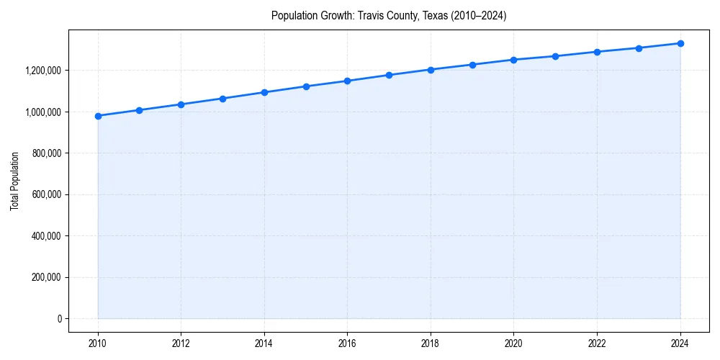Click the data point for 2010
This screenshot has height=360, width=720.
click(x=98, y=116)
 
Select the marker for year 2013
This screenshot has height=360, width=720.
click(x=222, y=99)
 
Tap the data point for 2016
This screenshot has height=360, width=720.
click(x=347, y=81)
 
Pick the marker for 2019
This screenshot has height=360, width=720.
click(x=472, y=65)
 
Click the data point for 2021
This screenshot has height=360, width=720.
click(x=555, y=56)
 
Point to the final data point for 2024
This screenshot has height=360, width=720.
click(x=680, y=43)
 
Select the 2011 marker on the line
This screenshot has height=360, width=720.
click(x=139, y=110)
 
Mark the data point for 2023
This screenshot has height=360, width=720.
click(x=639, y=48)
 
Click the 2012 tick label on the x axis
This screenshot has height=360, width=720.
click(x=181, y=343)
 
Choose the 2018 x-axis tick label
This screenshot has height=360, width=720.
click(x=431, y=343)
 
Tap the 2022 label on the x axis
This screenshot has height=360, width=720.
click(x=597, y=343)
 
